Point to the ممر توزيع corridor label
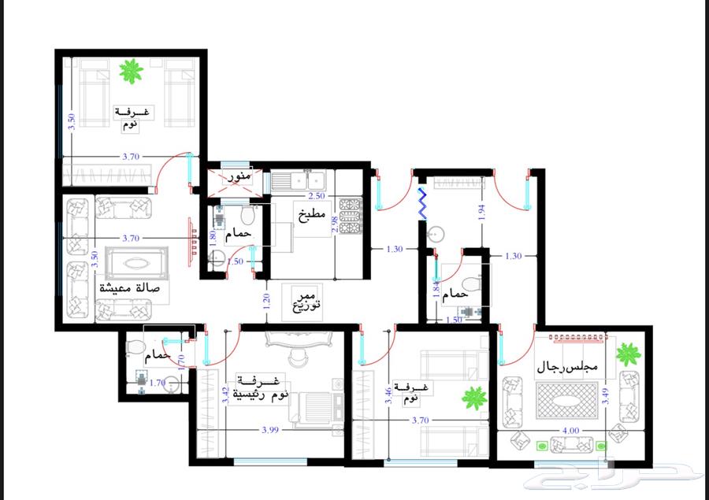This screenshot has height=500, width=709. click(x=306, y=297)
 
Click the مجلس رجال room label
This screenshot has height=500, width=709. click(x=569, y=367)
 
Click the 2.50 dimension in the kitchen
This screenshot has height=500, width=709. click(x=316, y=195)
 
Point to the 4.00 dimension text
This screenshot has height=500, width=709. click(x=571, y=431)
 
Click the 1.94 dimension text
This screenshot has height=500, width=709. click(x=481, y=210)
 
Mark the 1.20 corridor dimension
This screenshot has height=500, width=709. click(x=265, y=299)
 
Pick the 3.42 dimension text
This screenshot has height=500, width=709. click(x=226, y=394)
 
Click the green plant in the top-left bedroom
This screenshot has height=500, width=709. click(x=131, y=72)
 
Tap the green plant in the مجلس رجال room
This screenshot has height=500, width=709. click(x=629, y=353)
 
